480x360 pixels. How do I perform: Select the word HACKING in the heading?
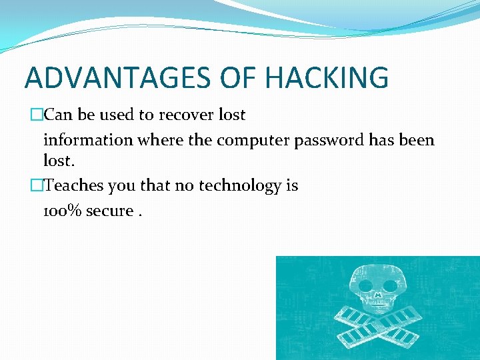point(327,77)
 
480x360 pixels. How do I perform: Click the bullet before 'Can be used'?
point(37,115)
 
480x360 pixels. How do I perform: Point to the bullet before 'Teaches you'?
point(37,186)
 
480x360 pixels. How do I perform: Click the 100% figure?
point(61,211)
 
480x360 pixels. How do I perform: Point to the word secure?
point(109,211)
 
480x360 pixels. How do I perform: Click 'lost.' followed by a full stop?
point(58,161)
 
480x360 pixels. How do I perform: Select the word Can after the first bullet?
point(57,115)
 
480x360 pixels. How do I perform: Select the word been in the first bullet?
point(418,141)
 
